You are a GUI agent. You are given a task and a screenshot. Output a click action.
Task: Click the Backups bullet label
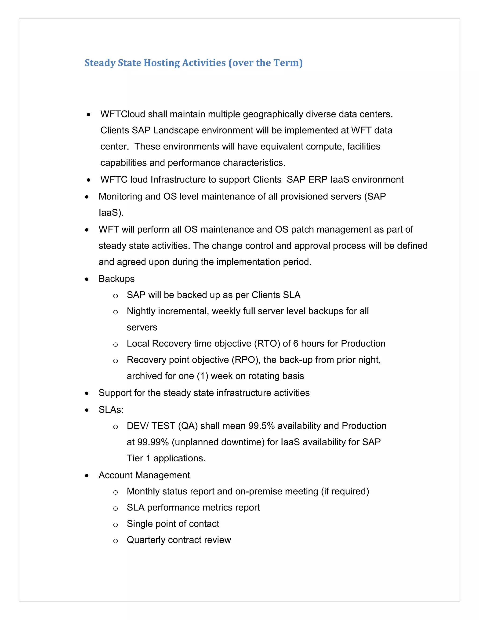tap(116, 279)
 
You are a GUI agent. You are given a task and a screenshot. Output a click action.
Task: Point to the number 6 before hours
tap(295, 343)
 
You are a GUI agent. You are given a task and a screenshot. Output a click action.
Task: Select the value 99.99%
tap(153, 442)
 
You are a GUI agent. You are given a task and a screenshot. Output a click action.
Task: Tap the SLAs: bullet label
tap(111, 410)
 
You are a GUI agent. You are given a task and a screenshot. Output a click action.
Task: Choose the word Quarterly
tap(146, 540)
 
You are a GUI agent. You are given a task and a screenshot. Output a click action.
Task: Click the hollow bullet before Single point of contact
tap(115, 525)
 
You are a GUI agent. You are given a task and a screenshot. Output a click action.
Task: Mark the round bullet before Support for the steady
tap(87, 394)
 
